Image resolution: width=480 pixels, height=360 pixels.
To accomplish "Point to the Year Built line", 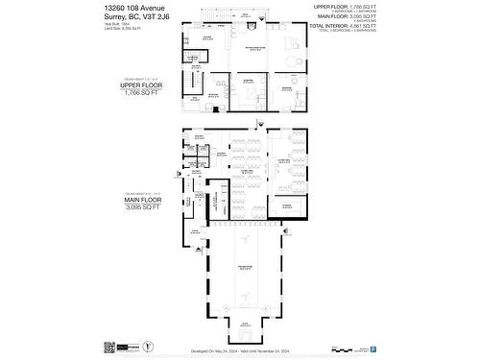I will coord(117,26).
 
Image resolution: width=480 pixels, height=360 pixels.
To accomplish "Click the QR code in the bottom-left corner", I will coord(108,344).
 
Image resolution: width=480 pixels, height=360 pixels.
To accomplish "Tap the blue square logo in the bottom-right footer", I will coord(373,344).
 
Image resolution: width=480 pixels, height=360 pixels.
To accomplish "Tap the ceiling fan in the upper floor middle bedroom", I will coord(249,85).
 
